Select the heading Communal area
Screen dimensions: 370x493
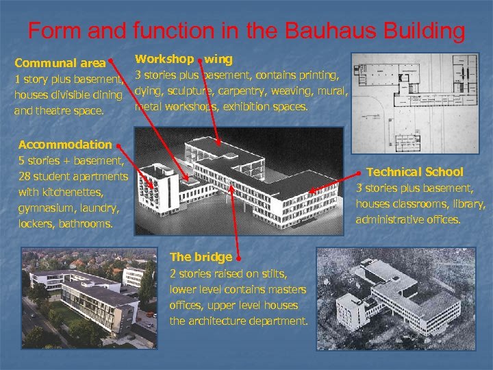coord(60,63)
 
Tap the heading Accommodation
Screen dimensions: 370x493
coord(65,145)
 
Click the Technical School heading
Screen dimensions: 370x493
coord(415,172)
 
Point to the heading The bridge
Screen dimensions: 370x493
coord(201,257)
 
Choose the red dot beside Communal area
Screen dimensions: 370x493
coord(110,60)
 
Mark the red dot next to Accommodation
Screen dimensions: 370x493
coord(119,146)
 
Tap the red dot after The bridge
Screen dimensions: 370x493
coord(238,258)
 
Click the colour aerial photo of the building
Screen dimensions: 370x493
coord(89,297)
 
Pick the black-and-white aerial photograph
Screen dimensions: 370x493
coord(401,297)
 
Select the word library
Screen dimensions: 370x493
coord(467,204)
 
